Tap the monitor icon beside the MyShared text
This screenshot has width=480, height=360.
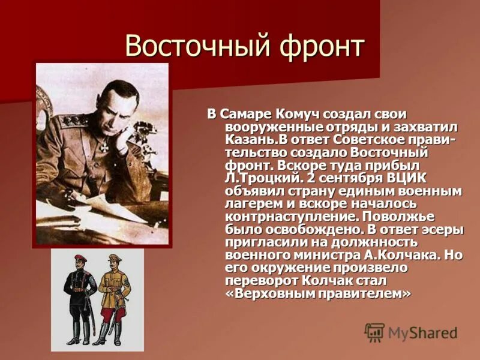(374, 332)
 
